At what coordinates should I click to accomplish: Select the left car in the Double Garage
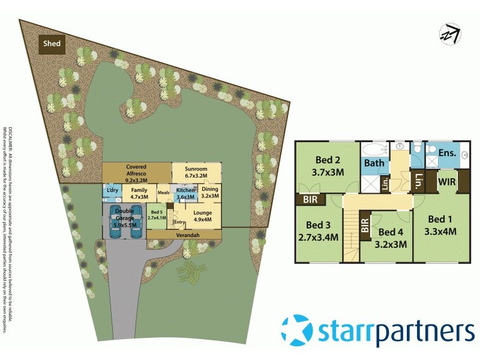click(116, 222)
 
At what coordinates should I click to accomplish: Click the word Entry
click(179, 223)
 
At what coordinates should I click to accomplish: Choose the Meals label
click(163, 193)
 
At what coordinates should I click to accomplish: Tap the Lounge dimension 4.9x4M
click(202, 218)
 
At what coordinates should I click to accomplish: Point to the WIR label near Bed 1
click(445, 181)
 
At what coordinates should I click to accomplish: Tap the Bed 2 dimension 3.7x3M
click(328, 172)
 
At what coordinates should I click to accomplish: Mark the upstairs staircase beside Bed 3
click(352, 237)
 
